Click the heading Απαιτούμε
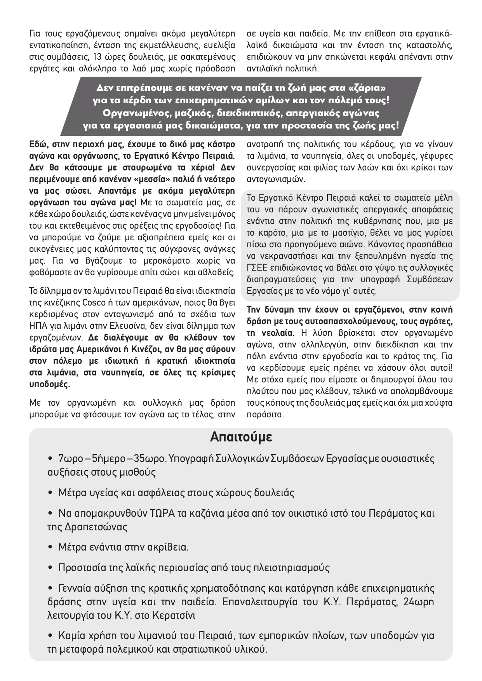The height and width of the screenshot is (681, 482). pyautogui.click(x=241, y=437)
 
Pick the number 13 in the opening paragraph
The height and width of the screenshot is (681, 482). pyautogui.click(x=99, y=57)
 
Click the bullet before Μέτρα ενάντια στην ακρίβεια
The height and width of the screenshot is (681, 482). pyautogui.click(x=50, y=547)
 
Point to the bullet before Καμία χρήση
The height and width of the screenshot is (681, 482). pyautogui.click(x=50, y=636)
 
